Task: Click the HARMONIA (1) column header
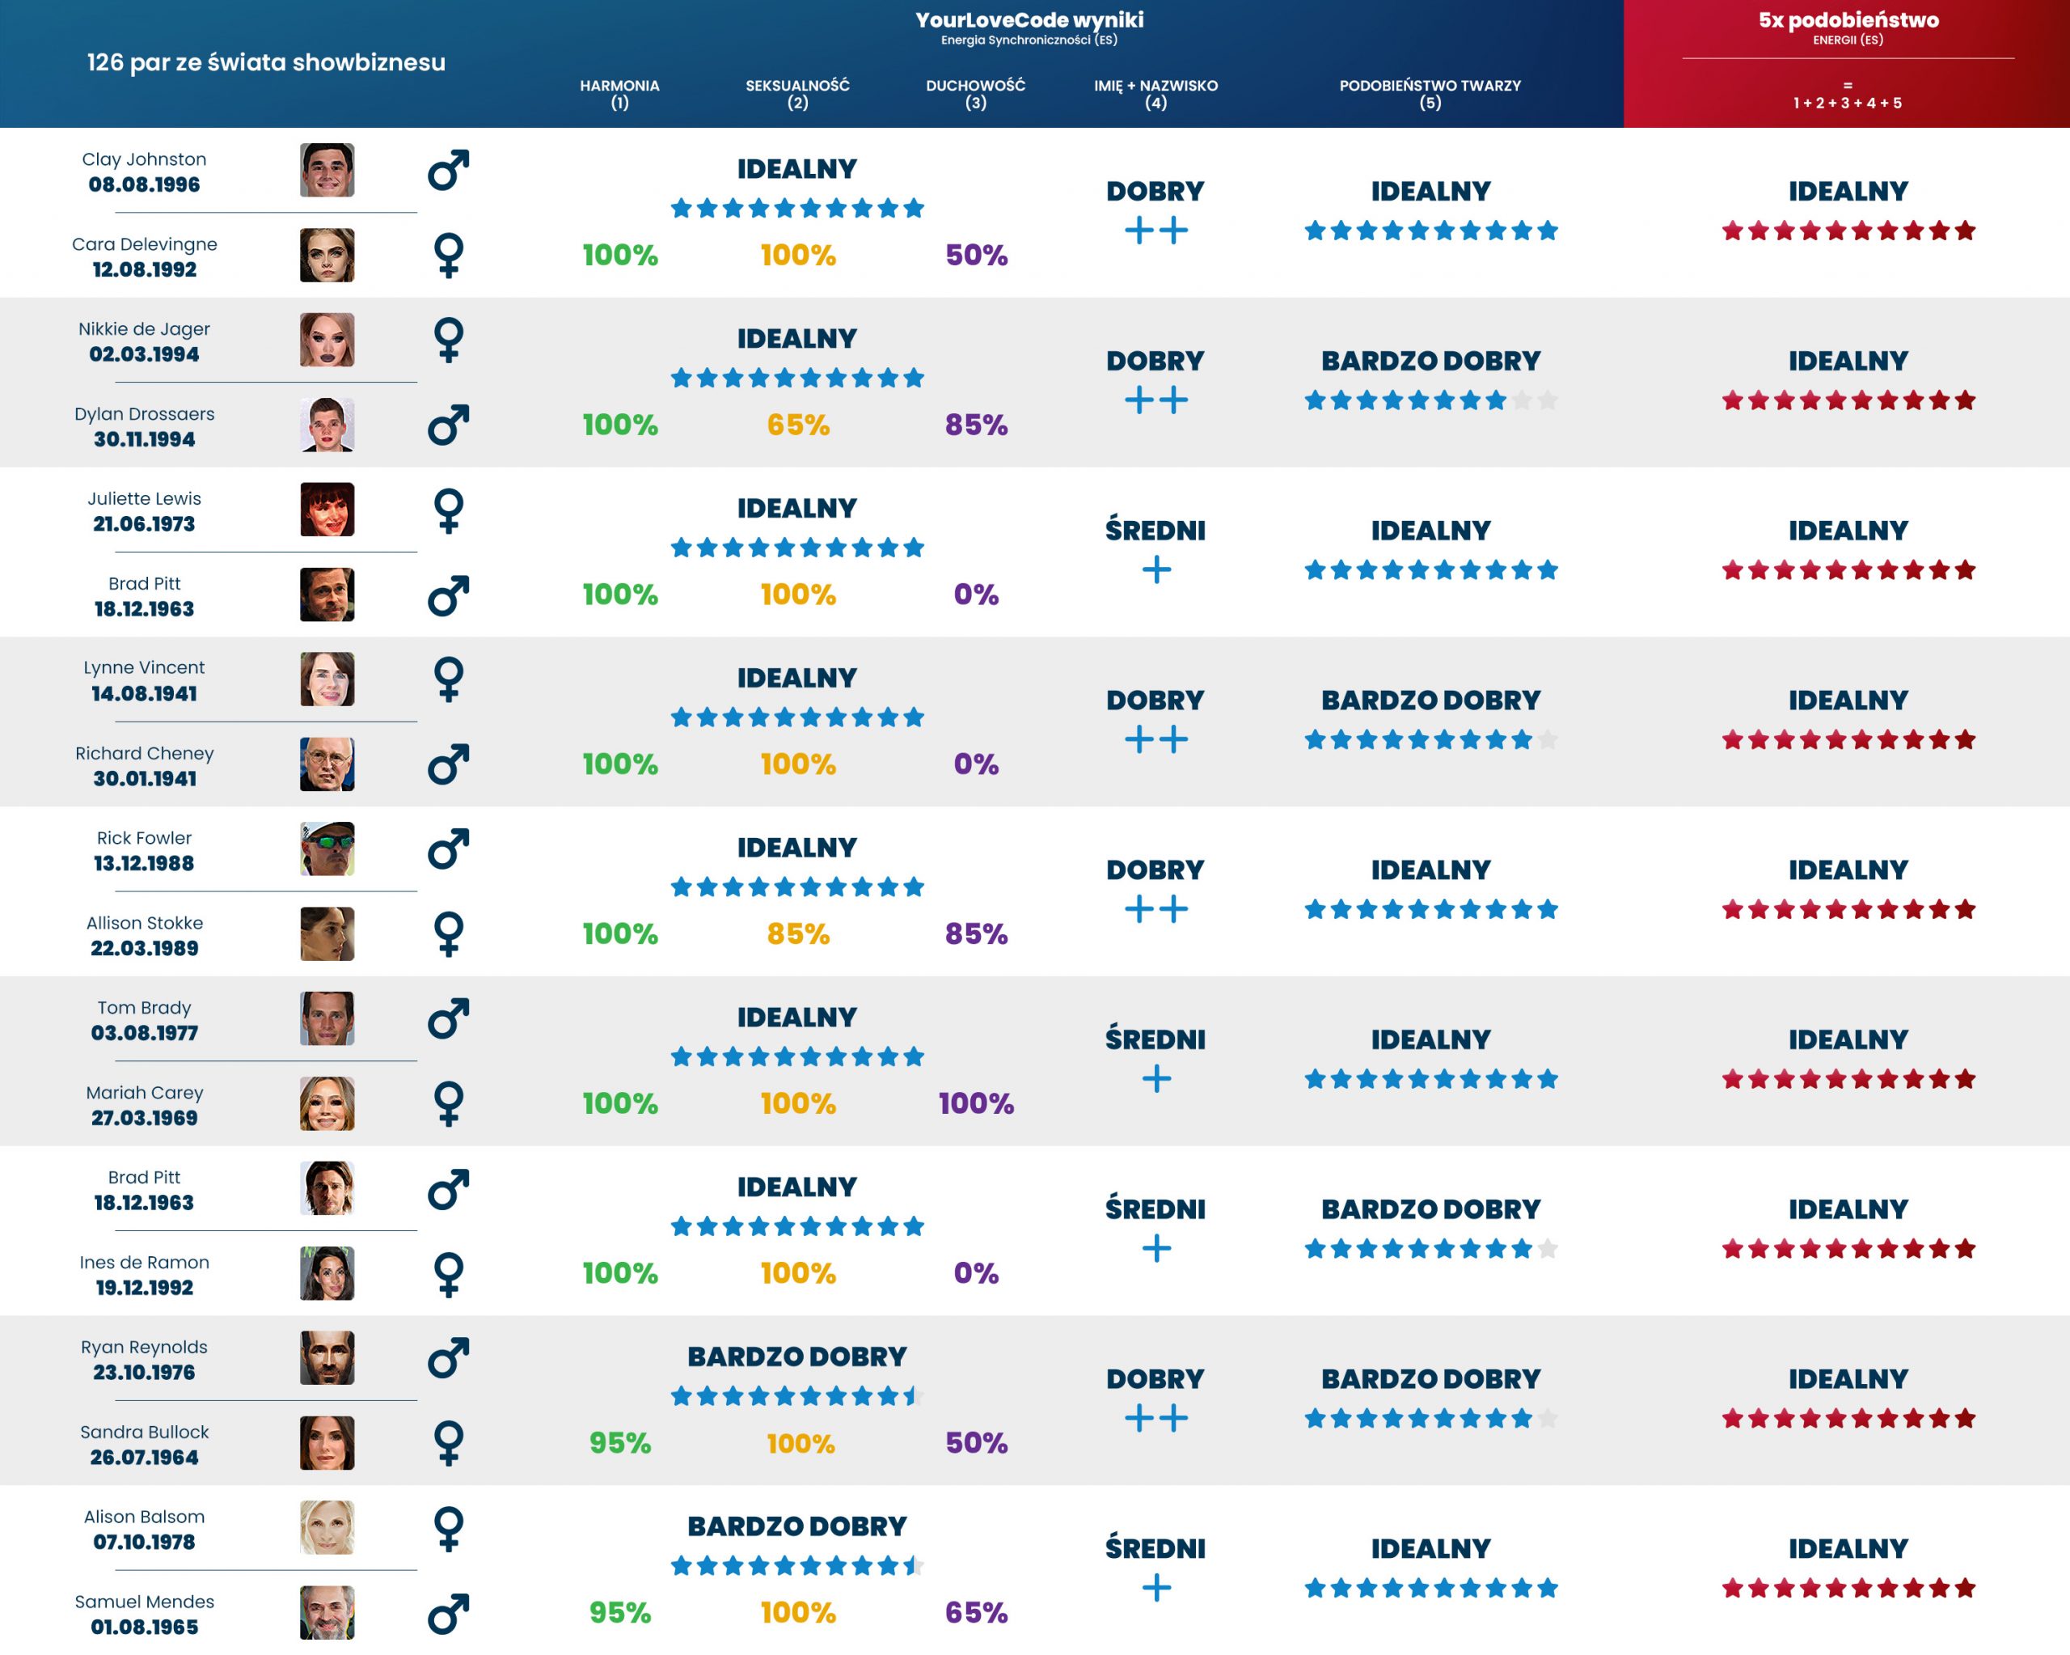click(619, 93)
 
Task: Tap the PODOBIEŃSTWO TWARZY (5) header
click(1430, 93)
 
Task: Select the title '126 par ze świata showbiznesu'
click(266, 62)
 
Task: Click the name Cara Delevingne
click(144, 244)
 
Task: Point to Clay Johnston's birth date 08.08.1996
click(144, 184)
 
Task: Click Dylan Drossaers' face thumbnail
click(327, 425)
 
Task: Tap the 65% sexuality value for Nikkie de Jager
click(798, 425)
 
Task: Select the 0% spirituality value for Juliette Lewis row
click(975, 595)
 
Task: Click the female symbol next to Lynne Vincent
click(449, 679)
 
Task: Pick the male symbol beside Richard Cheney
click(449, 764)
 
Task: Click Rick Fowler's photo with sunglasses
click(327, 849)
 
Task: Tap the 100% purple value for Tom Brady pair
click(975, 1103)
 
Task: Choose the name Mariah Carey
click(144, 1092)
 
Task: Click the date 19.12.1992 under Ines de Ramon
click(144, 1287)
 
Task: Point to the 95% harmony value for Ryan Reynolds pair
click(619, 1443)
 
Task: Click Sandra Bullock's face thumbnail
click(327, 1443)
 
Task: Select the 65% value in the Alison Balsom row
click(975, 1613)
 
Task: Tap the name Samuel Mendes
click(144, 1602)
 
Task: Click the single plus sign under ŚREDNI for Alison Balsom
click(1156, 1588)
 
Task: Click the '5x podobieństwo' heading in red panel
click(1848, 20)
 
